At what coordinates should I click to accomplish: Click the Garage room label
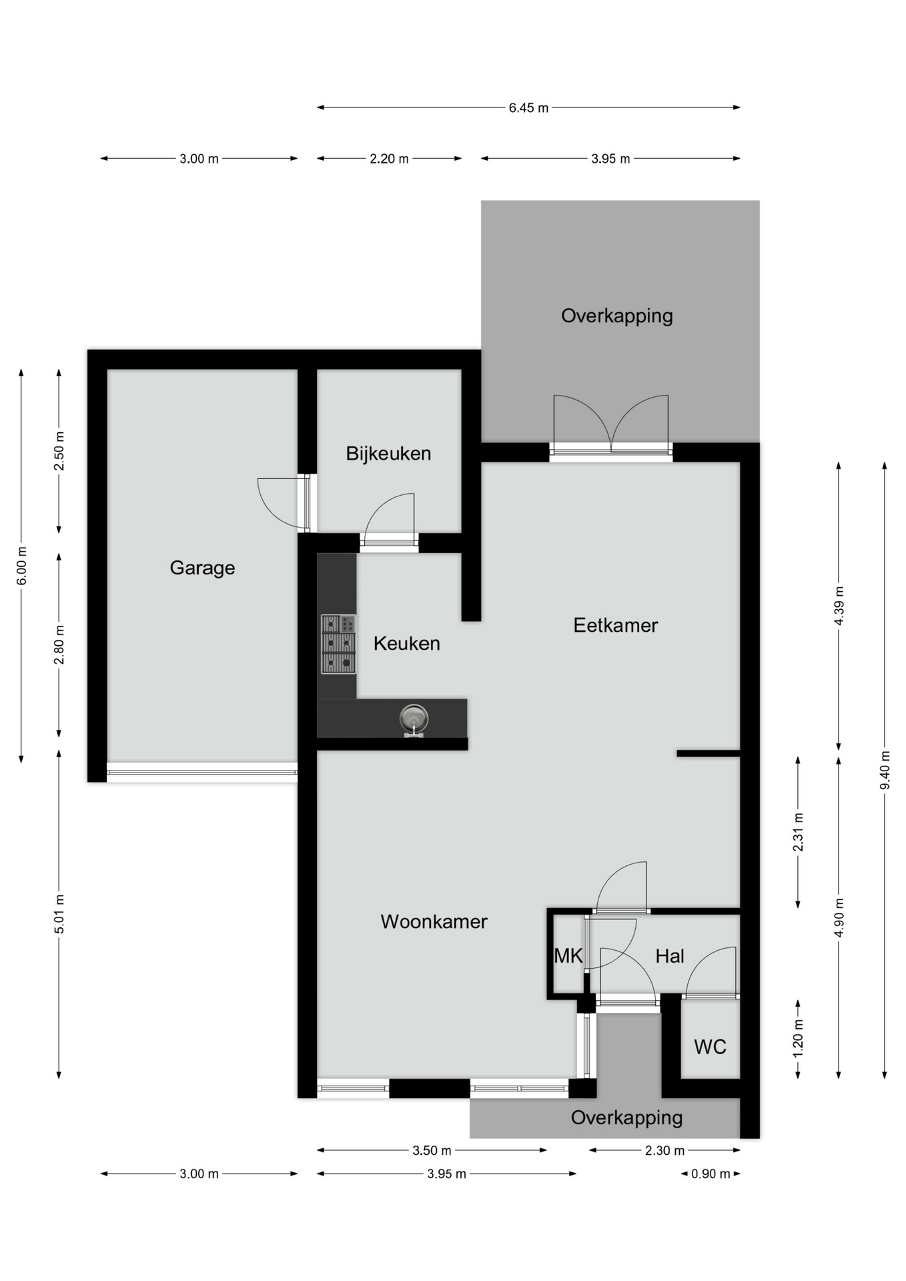[x=202, y=568]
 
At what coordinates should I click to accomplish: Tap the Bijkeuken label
[x=388, y=454]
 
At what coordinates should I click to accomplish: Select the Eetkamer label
[x=616, y=625]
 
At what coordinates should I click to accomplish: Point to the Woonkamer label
[x=434, y=921]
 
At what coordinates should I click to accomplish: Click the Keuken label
[x=407, y=643]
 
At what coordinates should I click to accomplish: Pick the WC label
[x=710, y=1047]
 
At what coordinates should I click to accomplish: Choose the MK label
[x=568, y=956]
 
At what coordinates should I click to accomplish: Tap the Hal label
[x=670, y=956]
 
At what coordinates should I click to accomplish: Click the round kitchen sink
[x=414, y=719]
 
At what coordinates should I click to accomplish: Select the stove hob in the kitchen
[x=338, y=644]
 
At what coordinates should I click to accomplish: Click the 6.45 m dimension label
[x=528, y=107]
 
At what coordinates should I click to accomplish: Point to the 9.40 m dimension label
[x=885, y=770]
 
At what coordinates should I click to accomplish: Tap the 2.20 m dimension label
[x=389, y=159]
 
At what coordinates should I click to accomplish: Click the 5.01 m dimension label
[x=59, y=914]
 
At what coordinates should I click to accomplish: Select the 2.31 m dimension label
[x=798, y=832]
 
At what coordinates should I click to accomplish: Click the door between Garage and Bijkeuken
[x=307, y=502]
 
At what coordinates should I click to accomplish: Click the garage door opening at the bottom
[x=202, y=773]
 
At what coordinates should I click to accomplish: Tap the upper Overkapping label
[x=616, y=316]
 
